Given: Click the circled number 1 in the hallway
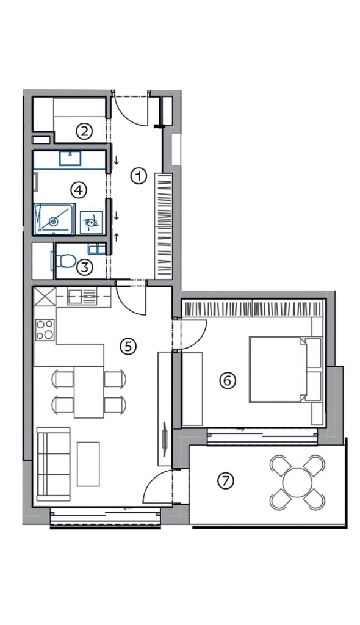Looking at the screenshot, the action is click(x=139, y=176).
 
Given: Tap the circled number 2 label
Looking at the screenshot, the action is click(x=84, y=131).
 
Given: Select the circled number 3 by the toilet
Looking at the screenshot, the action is click(x=85, y=267).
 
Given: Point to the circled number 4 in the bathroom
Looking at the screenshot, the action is click(x=79, y=190).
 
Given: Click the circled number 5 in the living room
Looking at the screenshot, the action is click(x=128, y=347).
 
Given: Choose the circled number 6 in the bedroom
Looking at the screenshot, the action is click(x=228, y=381).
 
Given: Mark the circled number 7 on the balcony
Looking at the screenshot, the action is click(x=226, y=481).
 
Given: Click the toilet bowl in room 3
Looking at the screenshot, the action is click(x=64, y=261).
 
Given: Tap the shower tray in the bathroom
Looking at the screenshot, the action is click(x=54, y=219).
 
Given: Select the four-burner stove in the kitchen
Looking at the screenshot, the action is click(x=45, y=330).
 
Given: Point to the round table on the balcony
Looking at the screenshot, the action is click(x=297, y=482).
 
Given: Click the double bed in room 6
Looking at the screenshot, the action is click(x=286, y=369).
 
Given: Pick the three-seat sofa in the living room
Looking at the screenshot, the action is click(x=53, y=464).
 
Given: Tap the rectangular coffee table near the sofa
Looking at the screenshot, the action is click(x=88, y=464).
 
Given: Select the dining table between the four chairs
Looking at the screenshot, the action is click(x=89, y=392).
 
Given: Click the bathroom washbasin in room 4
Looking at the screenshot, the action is click(x=70, y=158).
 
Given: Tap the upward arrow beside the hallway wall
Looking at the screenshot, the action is click(x=117, y=237).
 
